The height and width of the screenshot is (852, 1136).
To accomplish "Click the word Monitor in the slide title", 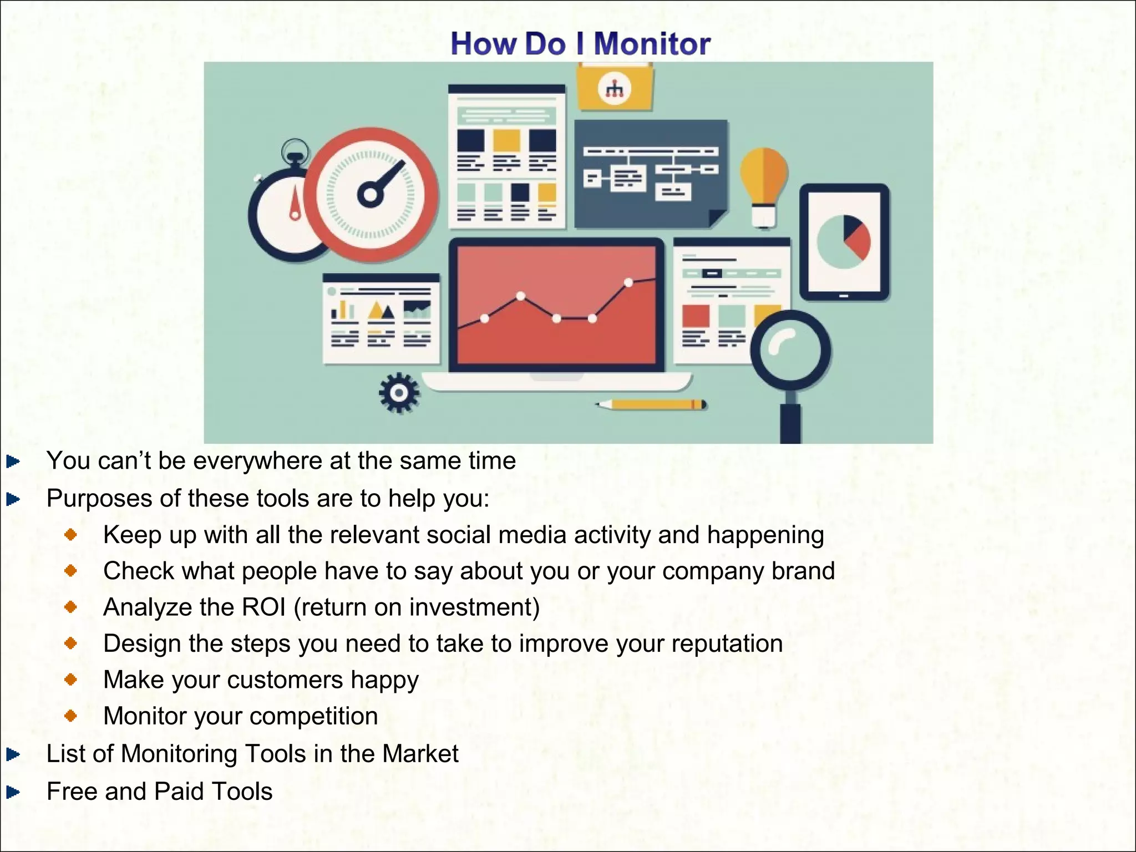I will (652, 44).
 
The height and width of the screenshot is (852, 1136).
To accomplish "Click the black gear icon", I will (399, 393).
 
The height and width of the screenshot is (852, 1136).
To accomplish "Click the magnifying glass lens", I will (790, 350).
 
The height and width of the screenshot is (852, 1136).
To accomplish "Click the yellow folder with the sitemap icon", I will (615, 88).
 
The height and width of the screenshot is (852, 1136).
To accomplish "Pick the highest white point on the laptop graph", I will (628, 282).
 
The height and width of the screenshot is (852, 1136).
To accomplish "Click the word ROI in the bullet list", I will (263, 607).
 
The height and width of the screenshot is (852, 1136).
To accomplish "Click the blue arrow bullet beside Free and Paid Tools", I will (13, 792).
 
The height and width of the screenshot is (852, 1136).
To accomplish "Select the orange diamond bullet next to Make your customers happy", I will (70, 679).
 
